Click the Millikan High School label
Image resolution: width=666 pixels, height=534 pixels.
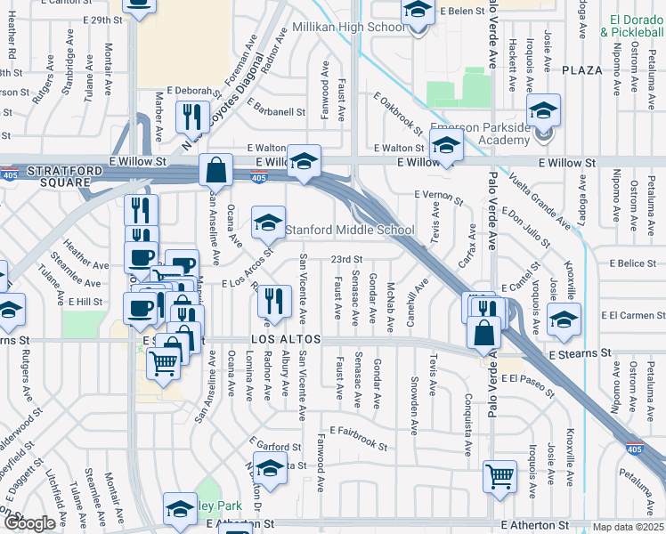point(349,28)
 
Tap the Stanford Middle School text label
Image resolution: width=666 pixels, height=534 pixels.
point(350,230)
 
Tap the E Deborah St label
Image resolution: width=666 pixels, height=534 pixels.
point(191,91)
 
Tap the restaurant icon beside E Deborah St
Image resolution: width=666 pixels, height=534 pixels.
point(191,116)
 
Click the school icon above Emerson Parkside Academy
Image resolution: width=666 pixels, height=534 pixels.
point(543,110)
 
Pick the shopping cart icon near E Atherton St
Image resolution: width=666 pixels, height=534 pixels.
point(499,475)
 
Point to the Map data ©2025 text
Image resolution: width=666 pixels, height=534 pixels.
point(628,527)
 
